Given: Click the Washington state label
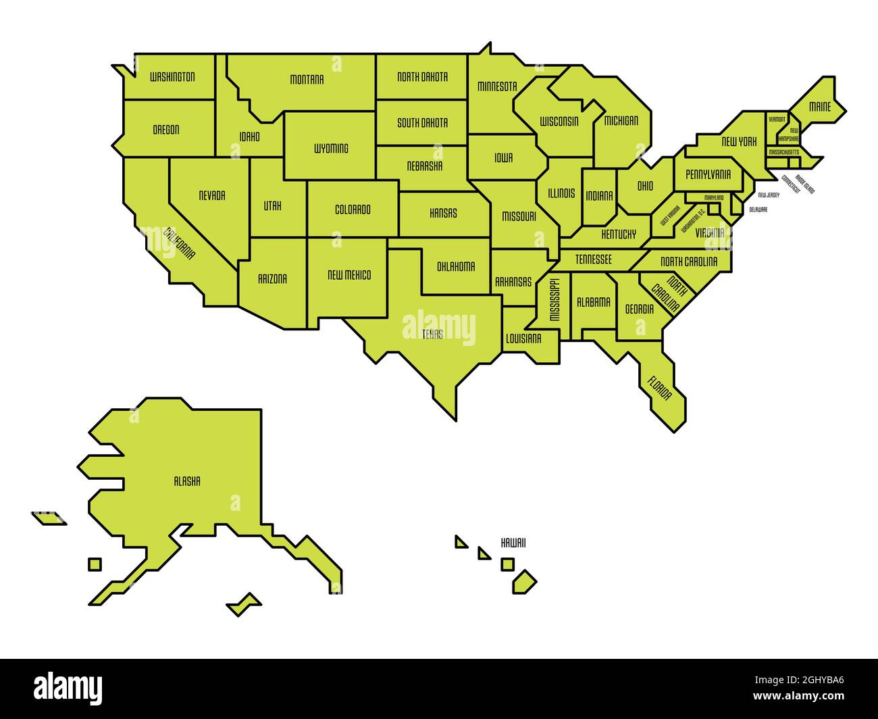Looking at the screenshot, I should pyautogui.click(x=172, y=77).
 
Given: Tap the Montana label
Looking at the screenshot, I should pyautogui.click(x=307, y=80).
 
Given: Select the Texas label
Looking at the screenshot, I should pyautogui.click(x=433, y=334).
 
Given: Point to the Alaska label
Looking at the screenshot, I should pyautogui.click(x=187, y=482).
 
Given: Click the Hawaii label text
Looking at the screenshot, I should pyautogui.click(x=513, y=543).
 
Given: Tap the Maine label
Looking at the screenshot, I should pyautogui.click(x=820, y=107).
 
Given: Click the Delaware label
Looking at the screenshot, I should pyautogui.click(x=758, y=209).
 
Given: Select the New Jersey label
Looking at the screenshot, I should pyautogui.click(x=769, y=195).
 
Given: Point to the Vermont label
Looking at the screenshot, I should pyautogui.click(x=777, y=119).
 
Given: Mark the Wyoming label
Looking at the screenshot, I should pyautogui.click(x=331, y=148).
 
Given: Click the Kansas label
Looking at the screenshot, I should pyautogui.click(x=443, y=213).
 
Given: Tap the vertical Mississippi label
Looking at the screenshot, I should pyautogui.click(x=554, y=299).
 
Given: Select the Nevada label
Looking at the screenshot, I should pyautogui.click(x=212, y=195).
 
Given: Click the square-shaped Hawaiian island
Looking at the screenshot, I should pyautogui.click(x=507, y=564).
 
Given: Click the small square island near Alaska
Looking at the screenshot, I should pyautogui.click(x=95, y=564).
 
